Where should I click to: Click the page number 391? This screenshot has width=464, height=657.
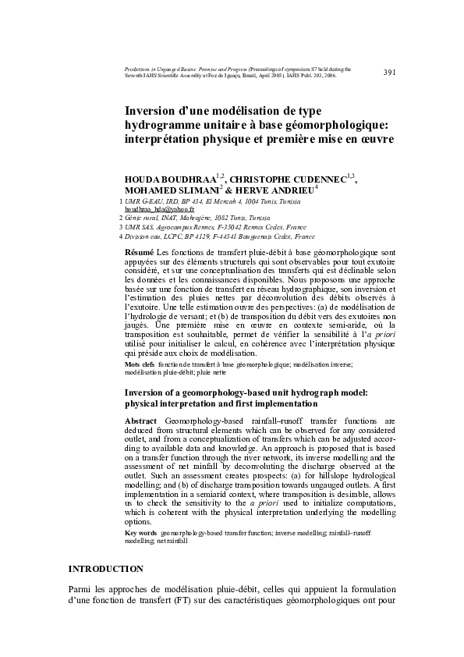pyautogui.click(x=390, y=73)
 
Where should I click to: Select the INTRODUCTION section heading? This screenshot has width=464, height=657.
pyautogui.click(x=106, y=569)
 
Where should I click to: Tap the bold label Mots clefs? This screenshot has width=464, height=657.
pyautogui.click(x=140, y=364)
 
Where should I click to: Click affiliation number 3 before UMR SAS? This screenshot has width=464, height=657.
pyautogui.click(x=120, y=226)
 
